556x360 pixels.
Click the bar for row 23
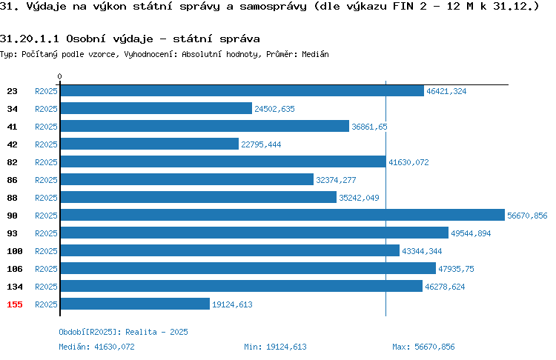(x=242, y=90)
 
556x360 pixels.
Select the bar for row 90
(x=282, y=215)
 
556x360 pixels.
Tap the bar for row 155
(x=135, y=304)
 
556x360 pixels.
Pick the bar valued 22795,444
(x=150, y=144)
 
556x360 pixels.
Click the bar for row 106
(x=248, y=268)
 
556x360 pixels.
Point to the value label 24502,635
(x=274, y=109)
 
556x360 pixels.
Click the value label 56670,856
(x=527, y=216)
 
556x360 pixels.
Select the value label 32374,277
(x=336, y=180)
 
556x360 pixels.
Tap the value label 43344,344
(x=422, y=251)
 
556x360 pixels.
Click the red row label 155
(x=15, y=304)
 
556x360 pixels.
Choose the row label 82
(x=12, y=162)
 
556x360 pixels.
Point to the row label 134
(x=15, y=287)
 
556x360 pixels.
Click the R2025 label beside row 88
(x=46, y=198)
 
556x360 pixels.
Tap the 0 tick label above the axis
(x=59, y=76)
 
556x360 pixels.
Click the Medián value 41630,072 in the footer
(x=114, y=347)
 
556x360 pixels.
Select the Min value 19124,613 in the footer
(x=286, y=347)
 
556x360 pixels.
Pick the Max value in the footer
(x=434, y=347)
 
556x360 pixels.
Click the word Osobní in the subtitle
(x=86, y=39)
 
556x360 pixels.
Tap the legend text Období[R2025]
(x=88, y=333)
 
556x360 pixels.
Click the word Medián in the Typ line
(x=315, y=54)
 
